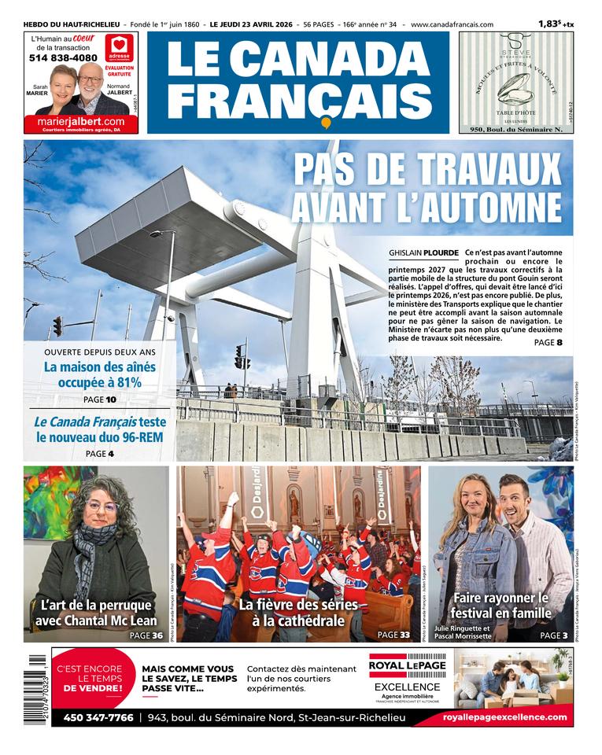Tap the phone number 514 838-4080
click(63, 58)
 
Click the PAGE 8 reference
click(548, 343)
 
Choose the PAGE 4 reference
click(99, 454)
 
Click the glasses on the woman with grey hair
click(102, 506)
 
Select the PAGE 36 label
click(146, 635)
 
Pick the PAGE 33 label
click(393, 635)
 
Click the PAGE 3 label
click(554, 635)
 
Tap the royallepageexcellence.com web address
click(504, 718)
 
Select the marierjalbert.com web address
click(80, 121)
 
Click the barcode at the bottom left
click(28, 691)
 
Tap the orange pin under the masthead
click(325, 123)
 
